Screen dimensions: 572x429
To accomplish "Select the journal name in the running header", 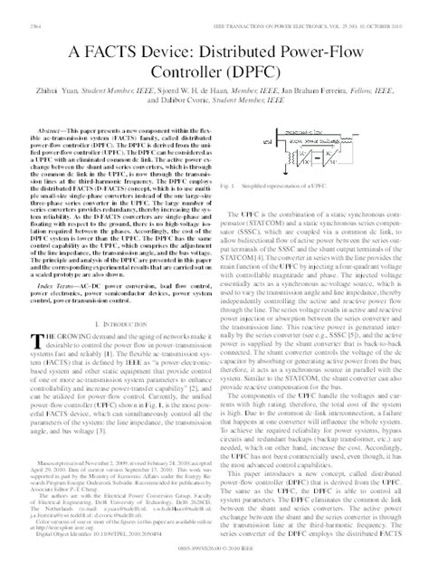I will click(x=299, y=9).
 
